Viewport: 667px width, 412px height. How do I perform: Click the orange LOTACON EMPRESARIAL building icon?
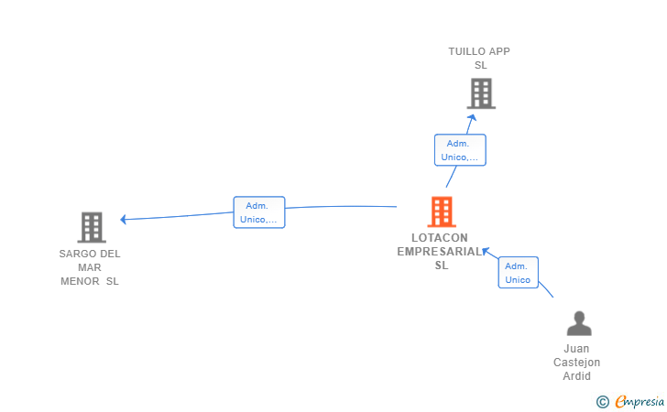442,211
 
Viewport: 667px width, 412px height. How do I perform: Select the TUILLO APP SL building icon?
481,93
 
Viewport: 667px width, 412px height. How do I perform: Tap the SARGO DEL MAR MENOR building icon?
92,227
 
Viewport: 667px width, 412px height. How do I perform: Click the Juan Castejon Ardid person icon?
579,323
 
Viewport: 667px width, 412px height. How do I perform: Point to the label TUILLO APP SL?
479,59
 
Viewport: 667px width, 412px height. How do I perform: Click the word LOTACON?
440,238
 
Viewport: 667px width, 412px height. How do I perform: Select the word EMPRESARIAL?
440,252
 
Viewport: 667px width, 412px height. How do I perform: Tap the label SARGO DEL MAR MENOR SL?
90,267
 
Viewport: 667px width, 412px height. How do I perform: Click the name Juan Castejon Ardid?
577,363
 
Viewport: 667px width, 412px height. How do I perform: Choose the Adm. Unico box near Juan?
519,273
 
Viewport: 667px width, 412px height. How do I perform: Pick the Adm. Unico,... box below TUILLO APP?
460,150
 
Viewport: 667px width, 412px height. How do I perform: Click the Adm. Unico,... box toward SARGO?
259,212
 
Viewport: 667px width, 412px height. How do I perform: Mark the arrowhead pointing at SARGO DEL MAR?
124,220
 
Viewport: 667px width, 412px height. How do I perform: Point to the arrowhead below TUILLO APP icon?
472,117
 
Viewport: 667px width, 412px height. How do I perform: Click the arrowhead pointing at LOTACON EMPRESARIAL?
486,251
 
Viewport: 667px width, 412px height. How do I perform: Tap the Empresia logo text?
640,401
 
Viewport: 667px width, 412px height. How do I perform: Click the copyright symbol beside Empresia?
603,402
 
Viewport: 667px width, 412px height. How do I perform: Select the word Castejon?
577,363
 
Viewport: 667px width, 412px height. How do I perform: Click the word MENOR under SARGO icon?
80,281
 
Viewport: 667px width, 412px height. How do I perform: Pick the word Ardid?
577,376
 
